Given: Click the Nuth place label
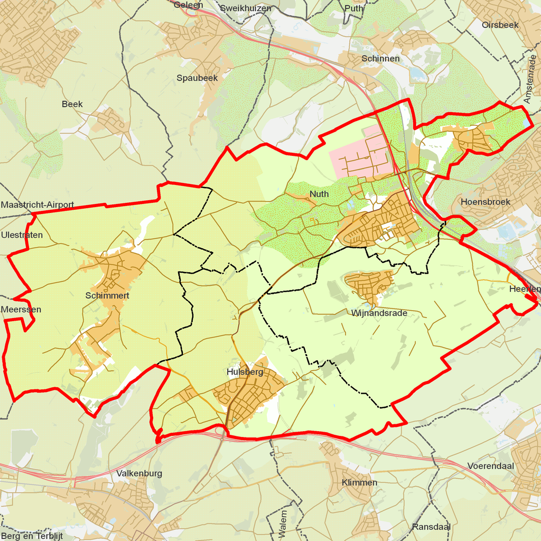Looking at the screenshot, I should tap(319, 194).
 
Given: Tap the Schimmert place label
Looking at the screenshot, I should tap(107, 296).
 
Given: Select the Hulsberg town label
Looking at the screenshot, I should tap(245, 372).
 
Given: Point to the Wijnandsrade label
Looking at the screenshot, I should tap(379, 313).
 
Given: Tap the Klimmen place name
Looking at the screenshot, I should tap(359, 482).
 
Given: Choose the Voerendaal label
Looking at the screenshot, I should tap(490, 466).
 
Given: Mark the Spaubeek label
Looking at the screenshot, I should tap(197, 78).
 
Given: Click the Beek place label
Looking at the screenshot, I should tap(72, 104).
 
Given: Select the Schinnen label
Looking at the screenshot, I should tap(380, 59).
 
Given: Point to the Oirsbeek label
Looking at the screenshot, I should tap(500, 25).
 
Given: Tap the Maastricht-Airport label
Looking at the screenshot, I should tap(38, 204).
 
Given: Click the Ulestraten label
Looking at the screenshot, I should tap(22, 235).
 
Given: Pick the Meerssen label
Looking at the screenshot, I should tap(21, 309).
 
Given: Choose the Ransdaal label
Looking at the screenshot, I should tap(431, 527).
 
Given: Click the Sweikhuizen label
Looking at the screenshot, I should tap(245, 8).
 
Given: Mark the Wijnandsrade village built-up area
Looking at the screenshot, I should tap(369, 285).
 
